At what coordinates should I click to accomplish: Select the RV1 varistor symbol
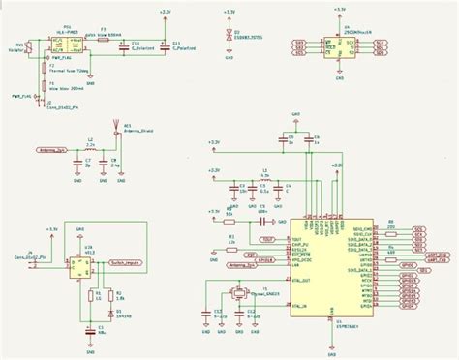click(x=29, y=45)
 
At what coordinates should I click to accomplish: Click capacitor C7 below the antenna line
click(x=76, y=164)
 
